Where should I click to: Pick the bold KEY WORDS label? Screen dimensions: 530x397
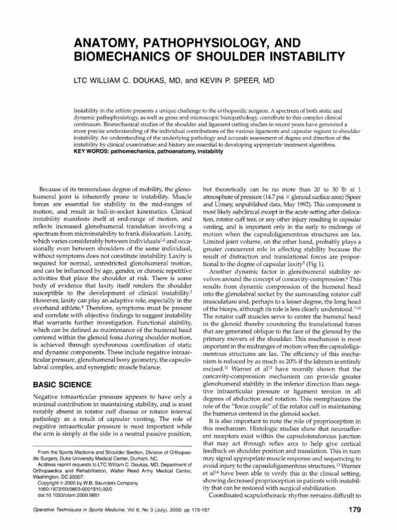(x=93, y=152)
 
